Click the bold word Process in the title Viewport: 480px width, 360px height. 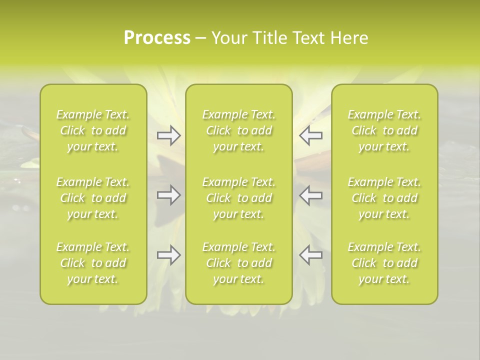(x=157, y=38)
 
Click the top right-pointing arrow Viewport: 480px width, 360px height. (x=168, y=135)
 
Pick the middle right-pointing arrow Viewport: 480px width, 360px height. (x=168, y=195)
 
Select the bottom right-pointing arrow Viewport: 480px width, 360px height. (x=168, y=255)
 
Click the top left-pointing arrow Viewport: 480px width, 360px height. (x=311, y=135)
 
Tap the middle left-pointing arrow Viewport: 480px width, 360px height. (x=311, y=195)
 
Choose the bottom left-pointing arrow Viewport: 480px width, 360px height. (x=311, y=255)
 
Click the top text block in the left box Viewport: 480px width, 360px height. (x=93, y=130)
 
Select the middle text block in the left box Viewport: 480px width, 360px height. (x=93, y=198)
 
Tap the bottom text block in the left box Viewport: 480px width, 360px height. (x=93, y=263)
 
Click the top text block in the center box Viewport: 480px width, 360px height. (x=239, y=130)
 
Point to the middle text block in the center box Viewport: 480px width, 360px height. (x=239, y=198)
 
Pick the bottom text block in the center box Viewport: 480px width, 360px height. (x=239, y=263)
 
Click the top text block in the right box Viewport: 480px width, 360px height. (x=384, y=130)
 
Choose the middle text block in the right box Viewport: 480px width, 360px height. (x=384, y=198)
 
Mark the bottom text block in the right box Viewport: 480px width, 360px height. (x=384, y=263)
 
